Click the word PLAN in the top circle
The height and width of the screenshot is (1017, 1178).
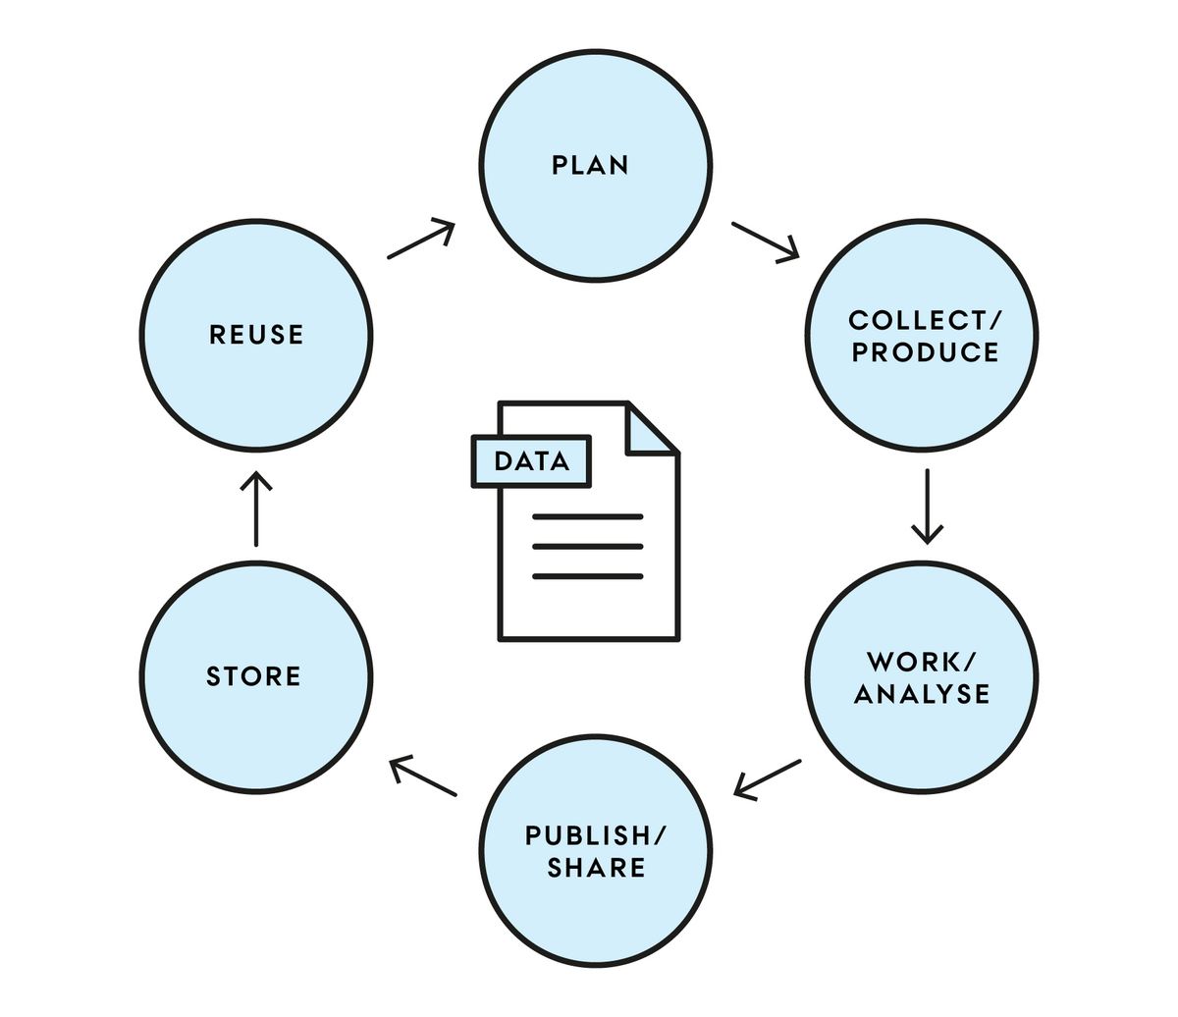(590, 165)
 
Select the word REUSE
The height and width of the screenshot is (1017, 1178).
(256, 335)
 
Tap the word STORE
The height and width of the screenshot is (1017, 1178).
(253, 676)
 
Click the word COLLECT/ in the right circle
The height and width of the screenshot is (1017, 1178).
(925, 321)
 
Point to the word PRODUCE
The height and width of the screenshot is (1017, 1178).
(925, 352)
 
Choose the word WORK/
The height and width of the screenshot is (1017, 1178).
(922, 663)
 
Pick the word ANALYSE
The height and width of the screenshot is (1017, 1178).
(922, 694)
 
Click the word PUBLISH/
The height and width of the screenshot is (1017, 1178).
(596, 836)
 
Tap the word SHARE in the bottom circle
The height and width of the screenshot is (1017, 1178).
(596, 868)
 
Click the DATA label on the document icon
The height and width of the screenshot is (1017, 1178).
(531, 461)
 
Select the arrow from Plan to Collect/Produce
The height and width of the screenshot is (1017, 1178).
(766, 241)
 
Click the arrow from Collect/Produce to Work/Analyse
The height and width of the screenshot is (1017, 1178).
(928, 507)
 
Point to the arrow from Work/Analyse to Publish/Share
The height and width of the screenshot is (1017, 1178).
(768, 779)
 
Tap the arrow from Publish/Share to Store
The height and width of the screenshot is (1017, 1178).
(423, 776)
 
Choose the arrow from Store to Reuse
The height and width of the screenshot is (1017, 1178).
(256, 508)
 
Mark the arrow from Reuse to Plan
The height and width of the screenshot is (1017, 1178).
(421, 239)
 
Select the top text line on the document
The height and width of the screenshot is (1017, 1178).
(588, 517)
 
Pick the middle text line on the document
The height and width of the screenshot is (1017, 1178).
(588, 547)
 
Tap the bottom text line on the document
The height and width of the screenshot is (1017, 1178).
(588, 576)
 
